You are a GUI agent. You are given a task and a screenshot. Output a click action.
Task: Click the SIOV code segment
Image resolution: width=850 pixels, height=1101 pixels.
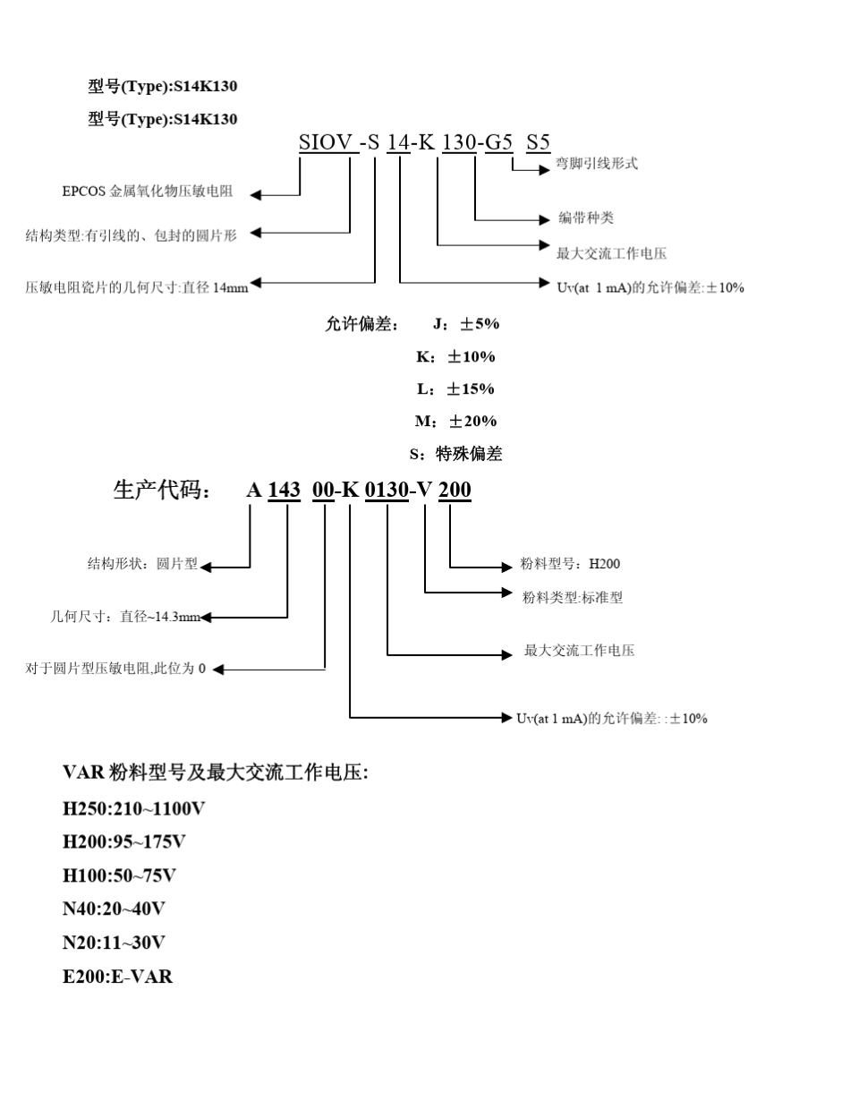point(325,141)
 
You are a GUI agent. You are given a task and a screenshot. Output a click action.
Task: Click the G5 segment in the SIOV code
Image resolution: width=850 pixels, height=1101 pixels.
point(498,141)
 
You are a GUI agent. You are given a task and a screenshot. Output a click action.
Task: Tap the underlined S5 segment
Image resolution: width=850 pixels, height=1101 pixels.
point(538,141)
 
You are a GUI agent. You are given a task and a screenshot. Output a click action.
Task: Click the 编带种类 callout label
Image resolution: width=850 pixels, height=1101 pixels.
point(586,218)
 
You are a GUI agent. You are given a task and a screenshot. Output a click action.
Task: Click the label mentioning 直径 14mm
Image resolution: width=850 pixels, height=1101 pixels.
point(137,288)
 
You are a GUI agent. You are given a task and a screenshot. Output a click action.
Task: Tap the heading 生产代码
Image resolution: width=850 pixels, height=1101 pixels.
point(162,491)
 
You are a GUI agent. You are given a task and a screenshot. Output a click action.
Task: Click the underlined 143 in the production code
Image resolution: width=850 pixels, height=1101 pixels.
point(284,491)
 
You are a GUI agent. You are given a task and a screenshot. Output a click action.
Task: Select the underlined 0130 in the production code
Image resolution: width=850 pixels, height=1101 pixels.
point(387,491)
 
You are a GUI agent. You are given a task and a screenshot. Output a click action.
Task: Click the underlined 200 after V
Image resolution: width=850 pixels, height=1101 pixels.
point(455,491)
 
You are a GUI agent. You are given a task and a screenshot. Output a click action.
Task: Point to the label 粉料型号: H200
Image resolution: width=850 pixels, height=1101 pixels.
point(570,564)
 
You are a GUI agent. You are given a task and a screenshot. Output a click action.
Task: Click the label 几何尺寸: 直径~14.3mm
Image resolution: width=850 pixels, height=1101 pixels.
point(126,617)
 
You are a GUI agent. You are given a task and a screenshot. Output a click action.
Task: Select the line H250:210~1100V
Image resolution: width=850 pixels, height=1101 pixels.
point(133,809)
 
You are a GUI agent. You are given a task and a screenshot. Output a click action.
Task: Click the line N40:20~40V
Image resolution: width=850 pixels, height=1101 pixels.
point(114,909)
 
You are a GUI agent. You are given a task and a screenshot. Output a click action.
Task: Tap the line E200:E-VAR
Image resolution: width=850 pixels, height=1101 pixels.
point(117,976)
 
